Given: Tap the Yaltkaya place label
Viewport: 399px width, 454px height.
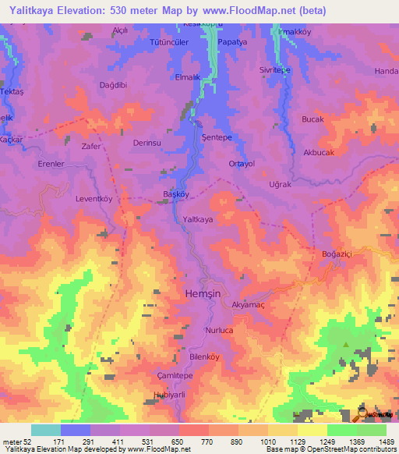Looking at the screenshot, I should pos(198,220).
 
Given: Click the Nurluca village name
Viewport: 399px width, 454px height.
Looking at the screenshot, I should pos(219,330).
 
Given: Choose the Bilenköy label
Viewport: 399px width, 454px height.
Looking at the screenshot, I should pos(207,357).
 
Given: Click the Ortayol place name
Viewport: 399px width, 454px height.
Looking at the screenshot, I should pos(242,164).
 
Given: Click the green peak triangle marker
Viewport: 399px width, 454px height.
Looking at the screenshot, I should pos(346,343).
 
